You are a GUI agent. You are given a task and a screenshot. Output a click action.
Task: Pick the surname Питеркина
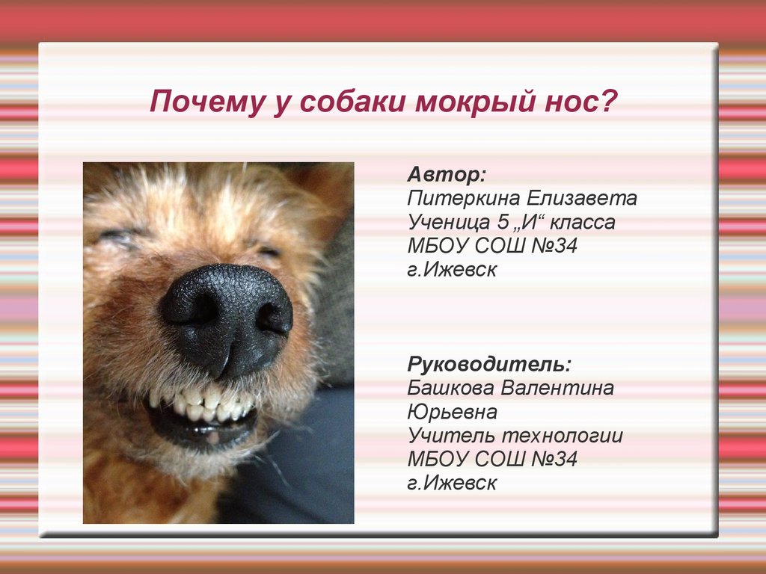pyautogui.click(x=464, y=198)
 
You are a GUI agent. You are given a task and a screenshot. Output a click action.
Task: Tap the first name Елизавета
pyautogui.click(x=582, y=198)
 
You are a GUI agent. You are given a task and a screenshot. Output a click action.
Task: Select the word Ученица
pyautogui.click(x=449, y=222)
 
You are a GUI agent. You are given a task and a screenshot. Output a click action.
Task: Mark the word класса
pyautogui.click(x=582, y=223)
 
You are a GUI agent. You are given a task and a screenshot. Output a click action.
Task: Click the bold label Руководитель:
pyautogui.click(x=489, y=365)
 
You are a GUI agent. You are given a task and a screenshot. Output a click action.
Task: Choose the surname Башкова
pyautogui.click(x=451, y=388)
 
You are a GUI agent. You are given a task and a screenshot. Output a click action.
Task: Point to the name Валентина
pyautogui.click(x=557, y=388)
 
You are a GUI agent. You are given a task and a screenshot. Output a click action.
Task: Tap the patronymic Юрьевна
pyautogui.click(x=453, y=412)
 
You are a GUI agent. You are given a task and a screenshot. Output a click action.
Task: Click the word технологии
pyautogui.click(x=563, y=436)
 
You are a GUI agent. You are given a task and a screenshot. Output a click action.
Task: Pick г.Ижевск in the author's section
pyautogui.click(x=452, y=269)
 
